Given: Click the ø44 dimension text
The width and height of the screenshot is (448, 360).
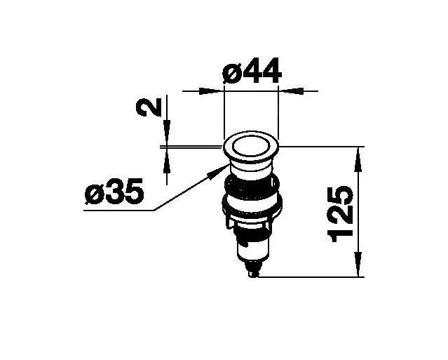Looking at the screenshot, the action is tap(252, 70).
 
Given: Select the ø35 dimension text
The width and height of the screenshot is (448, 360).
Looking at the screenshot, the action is tap(114, 191).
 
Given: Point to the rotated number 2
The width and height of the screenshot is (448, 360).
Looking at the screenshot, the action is tap(149, 107).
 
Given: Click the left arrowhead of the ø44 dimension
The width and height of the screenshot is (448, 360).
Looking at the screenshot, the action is tap(210, 91).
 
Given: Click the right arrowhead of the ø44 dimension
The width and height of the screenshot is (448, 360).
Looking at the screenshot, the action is tap(292, 91).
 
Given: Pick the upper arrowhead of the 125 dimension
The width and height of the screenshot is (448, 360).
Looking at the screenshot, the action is tap(358, 161).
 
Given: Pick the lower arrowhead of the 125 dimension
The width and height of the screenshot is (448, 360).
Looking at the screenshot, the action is tap(358, 264).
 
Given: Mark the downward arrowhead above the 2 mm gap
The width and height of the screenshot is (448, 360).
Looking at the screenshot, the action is tap(167, 133).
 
